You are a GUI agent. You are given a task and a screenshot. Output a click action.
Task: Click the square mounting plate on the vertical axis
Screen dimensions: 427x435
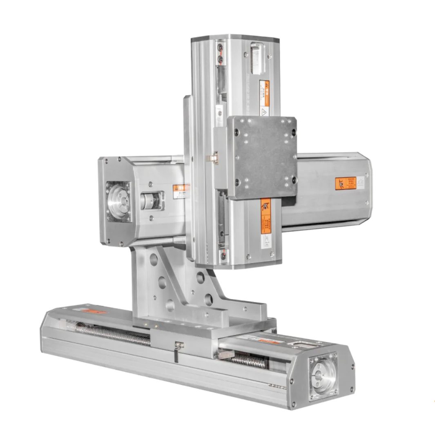click(x=262, y=157)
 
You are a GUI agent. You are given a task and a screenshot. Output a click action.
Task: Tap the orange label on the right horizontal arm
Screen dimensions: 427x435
click(x=345, y=183)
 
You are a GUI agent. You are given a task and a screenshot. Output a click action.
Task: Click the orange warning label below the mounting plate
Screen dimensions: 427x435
click(x=265, y=216)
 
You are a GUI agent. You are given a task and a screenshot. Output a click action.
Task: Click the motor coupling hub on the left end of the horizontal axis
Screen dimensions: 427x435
click(x=118, y=201)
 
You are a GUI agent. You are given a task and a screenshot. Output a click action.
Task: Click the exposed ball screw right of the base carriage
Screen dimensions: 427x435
click(x=249, y=360)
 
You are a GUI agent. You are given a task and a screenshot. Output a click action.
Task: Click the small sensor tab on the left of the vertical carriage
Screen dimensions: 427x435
click(x=212, y=159)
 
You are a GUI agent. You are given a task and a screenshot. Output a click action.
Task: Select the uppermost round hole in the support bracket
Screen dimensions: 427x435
click(x=154, y=259)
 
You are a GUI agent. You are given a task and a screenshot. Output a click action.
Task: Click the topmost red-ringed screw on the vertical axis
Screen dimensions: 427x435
click(x=220, y=48)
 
